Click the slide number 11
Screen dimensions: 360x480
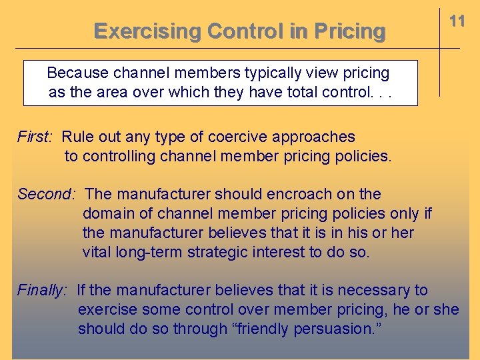[x=457, y=21]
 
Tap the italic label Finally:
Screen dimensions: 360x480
[x=42, y=290]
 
